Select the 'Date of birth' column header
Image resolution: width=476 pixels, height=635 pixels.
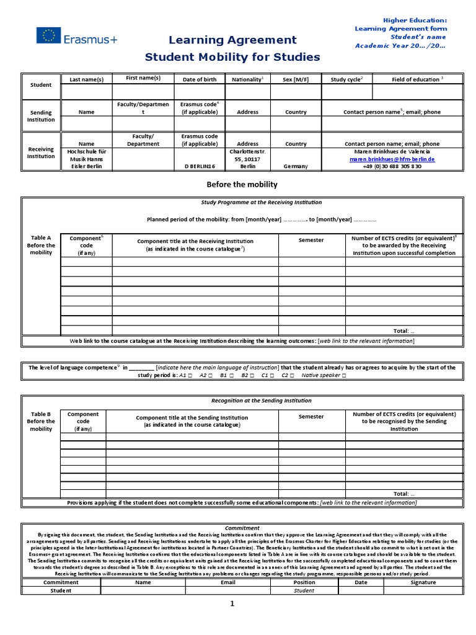pyautogui.click(x=199, y=79)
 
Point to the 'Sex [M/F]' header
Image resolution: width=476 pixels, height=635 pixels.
pyautogui.click(x=296, y=79)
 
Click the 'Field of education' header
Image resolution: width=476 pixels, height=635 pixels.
pyautogui.click(x=417, y=79)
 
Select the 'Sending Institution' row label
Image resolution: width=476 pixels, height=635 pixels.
pyautogui.click(x=41, y=116)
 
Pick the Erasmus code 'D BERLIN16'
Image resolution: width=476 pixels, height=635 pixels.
pyautogui.click(x=199, y=167)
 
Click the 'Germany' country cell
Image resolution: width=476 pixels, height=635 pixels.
pyautogui.click(x=296, y=167)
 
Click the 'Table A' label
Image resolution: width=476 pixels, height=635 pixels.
pyautogui.click(x=41, y=238)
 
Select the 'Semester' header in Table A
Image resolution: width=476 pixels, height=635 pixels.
pyautogui.click(x=311, y=240)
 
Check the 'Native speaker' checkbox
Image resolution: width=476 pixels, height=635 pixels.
pyautogui.click(x=344, y=375)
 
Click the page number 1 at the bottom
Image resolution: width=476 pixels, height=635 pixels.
pyautogui.click(x=233, y=605)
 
